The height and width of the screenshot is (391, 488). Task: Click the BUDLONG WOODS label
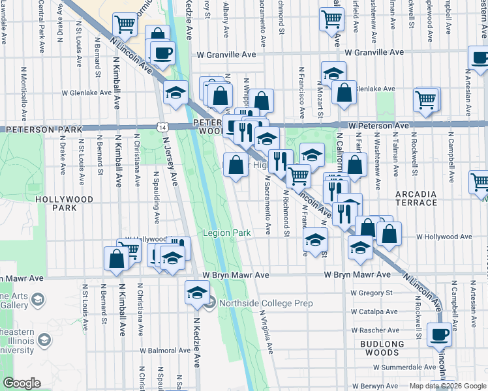coord(382,348)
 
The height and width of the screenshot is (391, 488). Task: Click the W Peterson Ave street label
coord(378,125)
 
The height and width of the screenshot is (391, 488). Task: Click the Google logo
coord(22,383)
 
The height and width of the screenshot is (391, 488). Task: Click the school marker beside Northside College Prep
coord(196,293)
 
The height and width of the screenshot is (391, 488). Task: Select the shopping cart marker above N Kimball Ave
coord(124,25)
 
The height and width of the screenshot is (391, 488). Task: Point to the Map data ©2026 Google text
coord(448,385)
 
